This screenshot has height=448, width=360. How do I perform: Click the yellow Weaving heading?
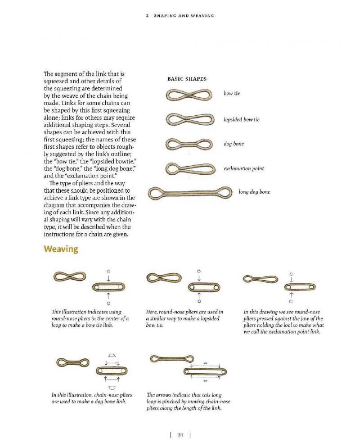(x=61, y=249)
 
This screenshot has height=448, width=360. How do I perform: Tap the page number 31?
(x=180, y=434)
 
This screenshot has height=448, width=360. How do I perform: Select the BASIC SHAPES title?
(x=187, y=79)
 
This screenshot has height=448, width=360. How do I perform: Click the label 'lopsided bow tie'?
(x=241, y=120)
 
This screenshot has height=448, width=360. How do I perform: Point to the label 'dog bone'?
(x=234, y=144)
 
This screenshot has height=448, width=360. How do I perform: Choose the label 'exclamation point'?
(x=243, y=169)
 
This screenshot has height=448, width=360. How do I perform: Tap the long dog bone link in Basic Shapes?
(x=189, y=193)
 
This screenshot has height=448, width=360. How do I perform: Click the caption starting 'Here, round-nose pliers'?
(x=184, y=318)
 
